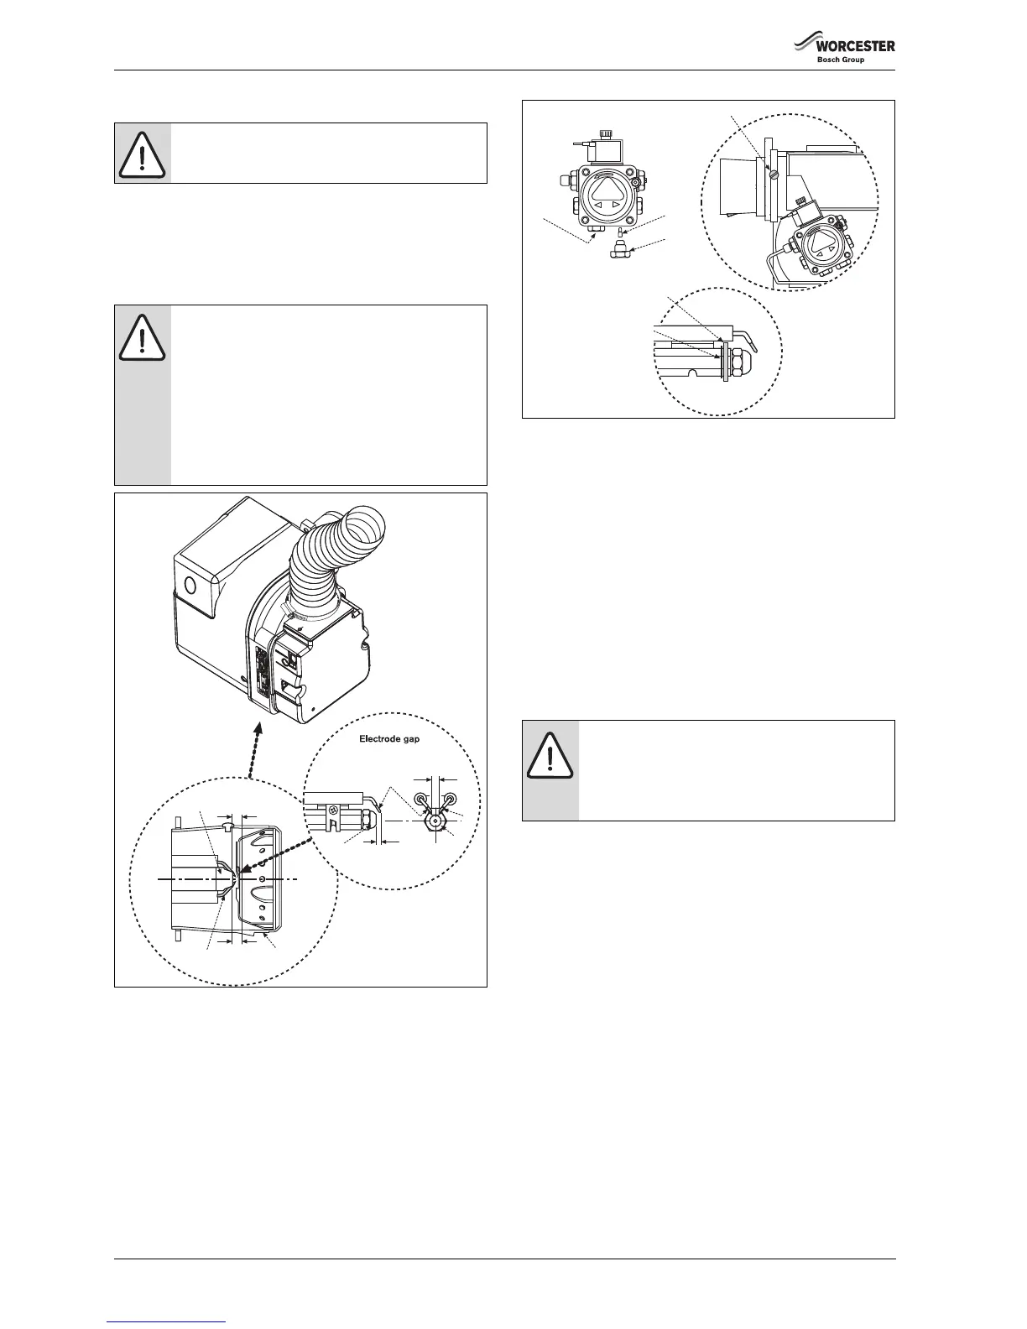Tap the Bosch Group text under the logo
840,60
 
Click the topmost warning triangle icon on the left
143,153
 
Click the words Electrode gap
383,739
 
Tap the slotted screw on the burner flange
774,175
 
